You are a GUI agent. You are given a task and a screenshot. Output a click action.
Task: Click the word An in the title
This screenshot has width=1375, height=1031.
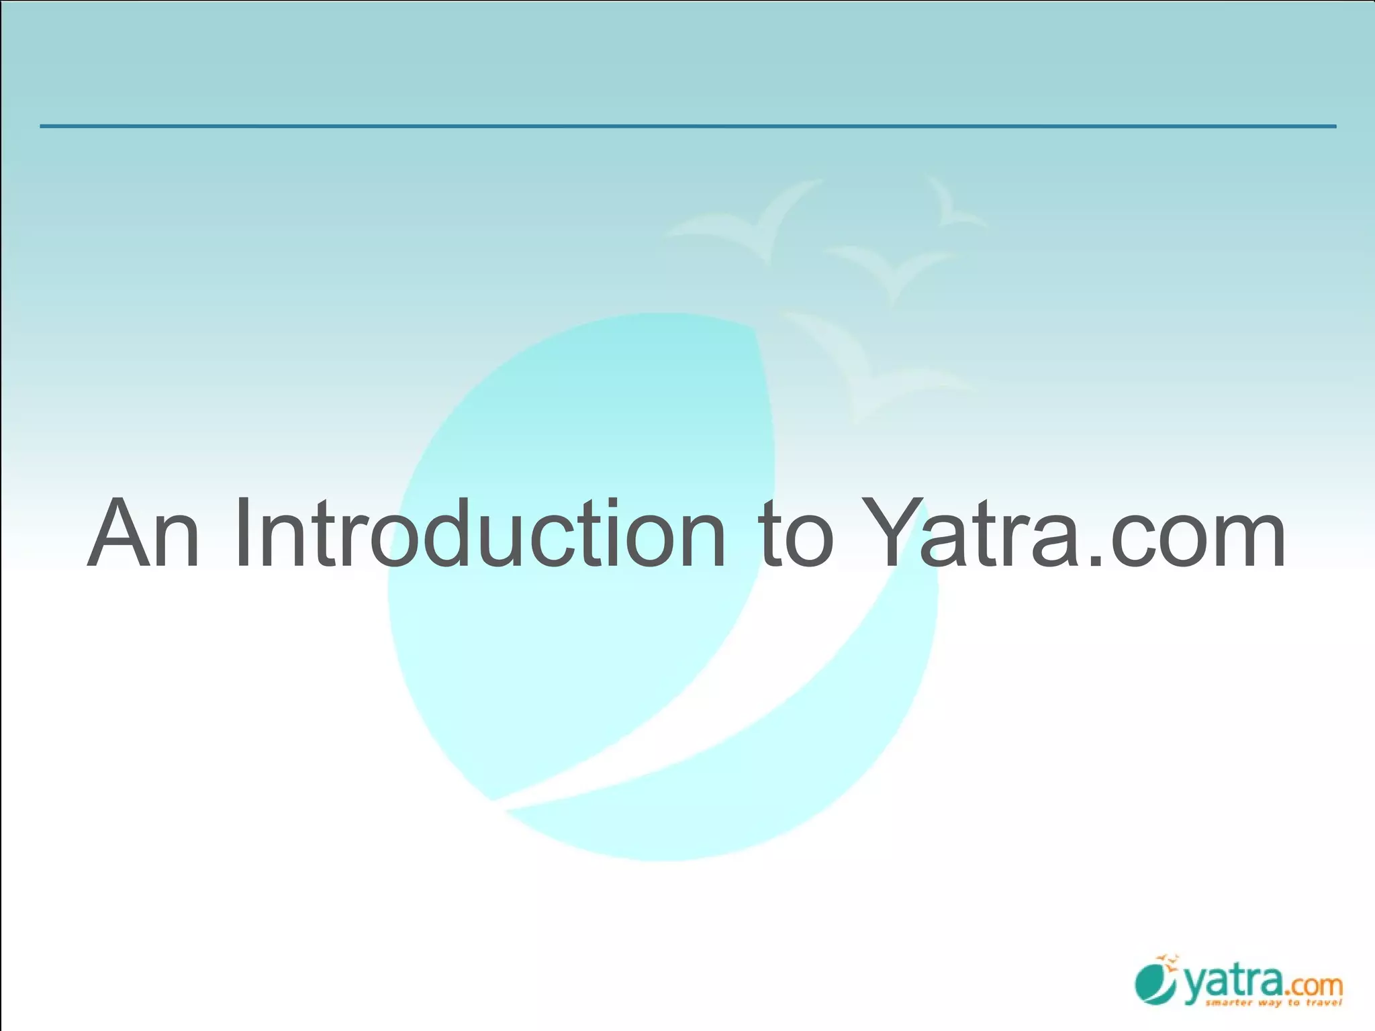144,533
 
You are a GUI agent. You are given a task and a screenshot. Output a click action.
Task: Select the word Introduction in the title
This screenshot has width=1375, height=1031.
479,533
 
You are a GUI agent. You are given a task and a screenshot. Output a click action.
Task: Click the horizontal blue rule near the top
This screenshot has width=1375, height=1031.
687,126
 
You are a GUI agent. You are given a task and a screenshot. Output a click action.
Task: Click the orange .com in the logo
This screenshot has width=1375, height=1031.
1313,987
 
